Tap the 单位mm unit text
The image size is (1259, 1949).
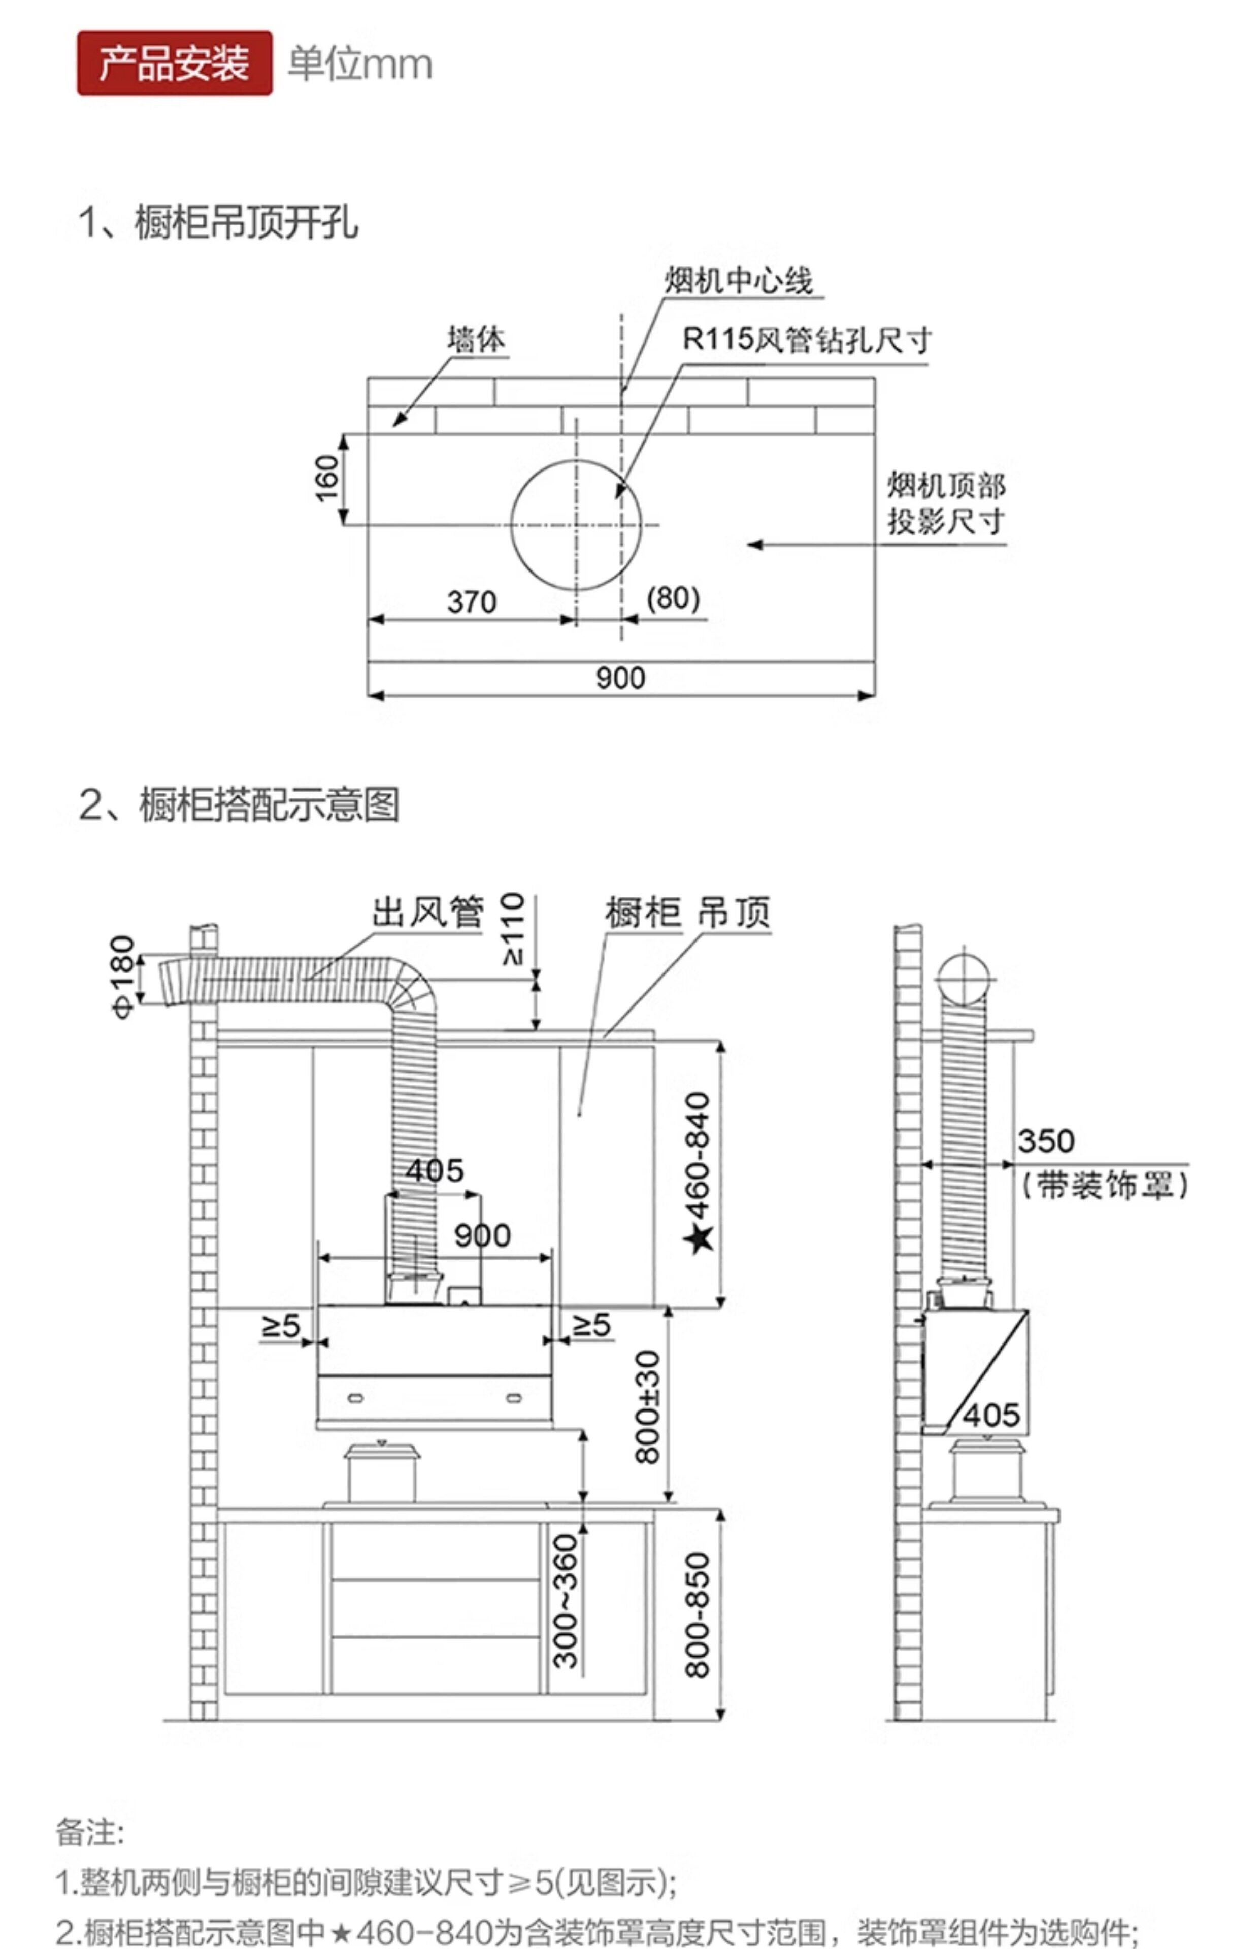pos(360,64)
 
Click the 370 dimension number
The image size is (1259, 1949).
pos(472,602)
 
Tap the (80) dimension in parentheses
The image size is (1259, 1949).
pos(673,598)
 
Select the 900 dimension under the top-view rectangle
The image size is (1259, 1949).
pos(620,678)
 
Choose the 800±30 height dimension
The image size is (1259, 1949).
pos(647,1407)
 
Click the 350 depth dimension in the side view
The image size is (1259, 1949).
pos(1046,1141)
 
